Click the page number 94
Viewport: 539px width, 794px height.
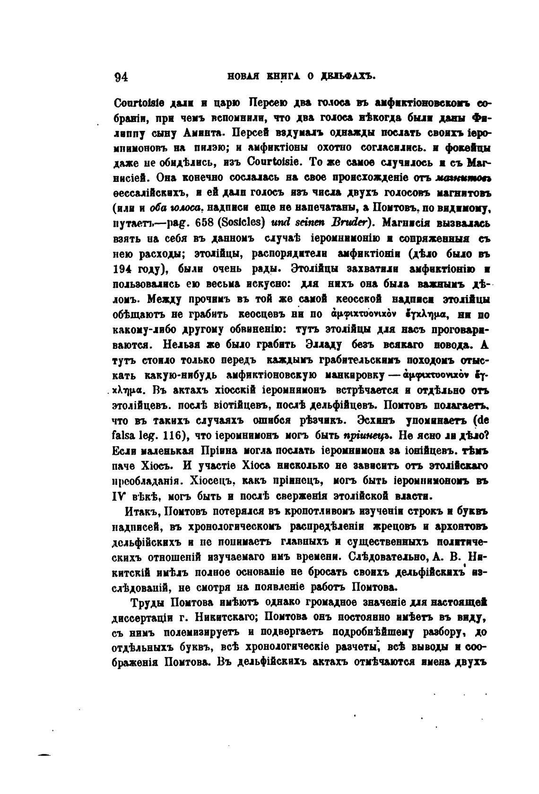(x=122, y=78)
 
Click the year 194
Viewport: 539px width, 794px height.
(x=123, y=269)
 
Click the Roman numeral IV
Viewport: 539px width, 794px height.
(x=120, y=497)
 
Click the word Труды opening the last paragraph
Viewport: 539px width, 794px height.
(x=147, y=603)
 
